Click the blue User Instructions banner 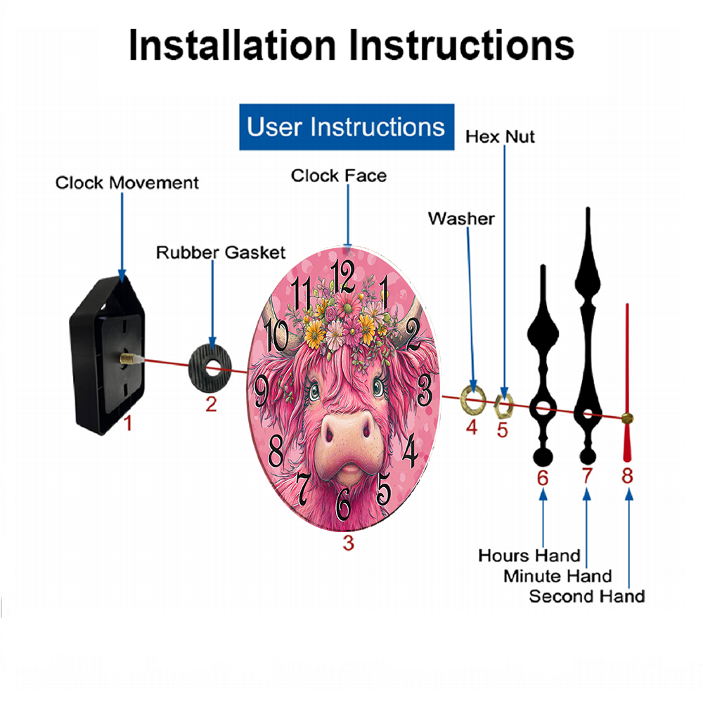[x=347, y=127]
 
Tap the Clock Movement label [x=127, y=183]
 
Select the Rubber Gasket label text [x=221, y=252]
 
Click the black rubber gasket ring [x=209, y=368]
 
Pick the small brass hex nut [x=503, y=406]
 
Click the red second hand [x=627, y=382]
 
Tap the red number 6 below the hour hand [x=543, y=478]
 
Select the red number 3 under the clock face [x=349, y=543]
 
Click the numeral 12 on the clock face [x=343, y=276]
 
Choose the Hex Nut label [x=500, y=137]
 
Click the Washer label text [x=461, y=219]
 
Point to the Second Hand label [x=587, y=596]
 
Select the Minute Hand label [x=557, y=576]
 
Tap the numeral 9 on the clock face [x=262, y=390]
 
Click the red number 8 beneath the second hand [x=627, y=476]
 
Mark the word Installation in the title [x=232, y=45]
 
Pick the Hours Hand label [x=529, y=555]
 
